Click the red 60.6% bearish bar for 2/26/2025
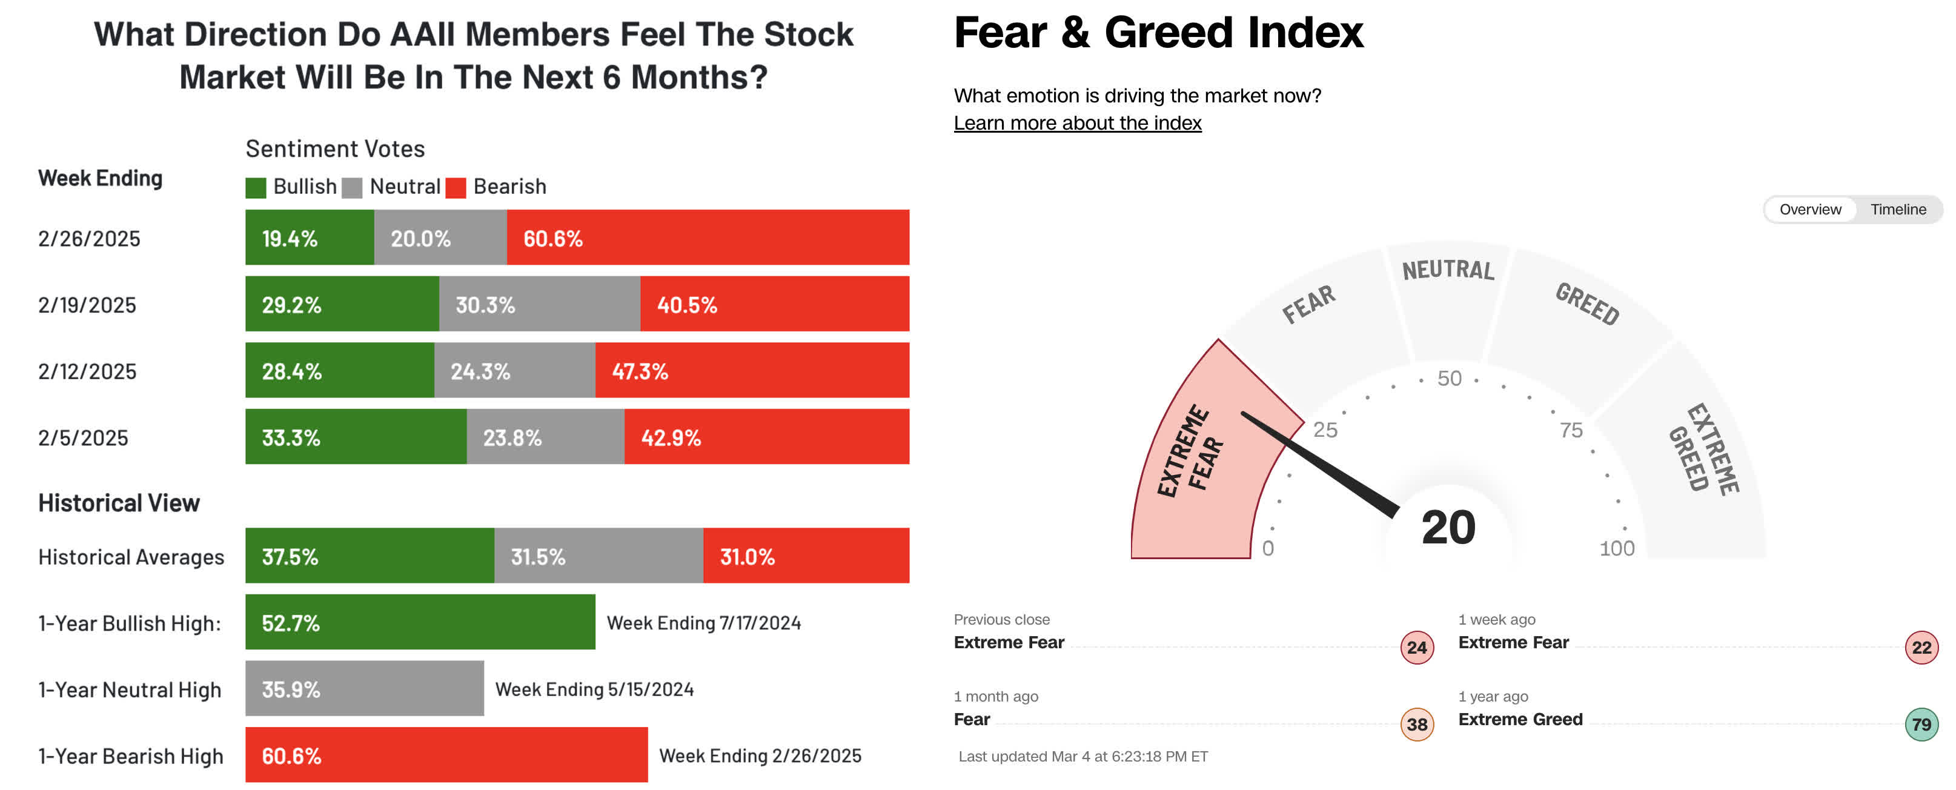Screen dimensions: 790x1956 tap(708, 237)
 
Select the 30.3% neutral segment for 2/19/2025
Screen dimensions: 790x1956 tap(539, 304)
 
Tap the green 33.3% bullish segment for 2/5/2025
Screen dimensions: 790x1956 tap(356, 437)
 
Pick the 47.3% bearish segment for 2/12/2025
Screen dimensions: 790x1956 tap(752, 371)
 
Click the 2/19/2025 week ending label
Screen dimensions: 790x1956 tap(87, 305)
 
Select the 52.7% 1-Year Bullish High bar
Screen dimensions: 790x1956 tap(420, 622)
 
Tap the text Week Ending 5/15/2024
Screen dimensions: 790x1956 tap(594, 689)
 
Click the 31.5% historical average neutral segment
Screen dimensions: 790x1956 tap(598, 556)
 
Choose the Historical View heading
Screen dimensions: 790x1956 tap(119, 503)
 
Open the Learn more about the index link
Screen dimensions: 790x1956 tap(1076, 123)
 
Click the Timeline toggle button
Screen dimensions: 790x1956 tap(1897, 210)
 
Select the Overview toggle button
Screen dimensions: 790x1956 tap(1809, 210)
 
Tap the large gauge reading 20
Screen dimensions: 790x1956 tap(1447, 527)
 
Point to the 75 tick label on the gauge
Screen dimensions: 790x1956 tap(1571, 430)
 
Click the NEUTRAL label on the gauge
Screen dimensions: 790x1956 tap(1447, 270)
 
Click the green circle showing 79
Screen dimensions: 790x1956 tap(1920, 724)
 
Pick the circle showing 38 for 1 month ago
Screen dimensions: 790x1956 tap(1416, 724)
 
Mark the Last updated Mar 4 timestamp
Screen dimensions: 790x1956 tap(1082, 757)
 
